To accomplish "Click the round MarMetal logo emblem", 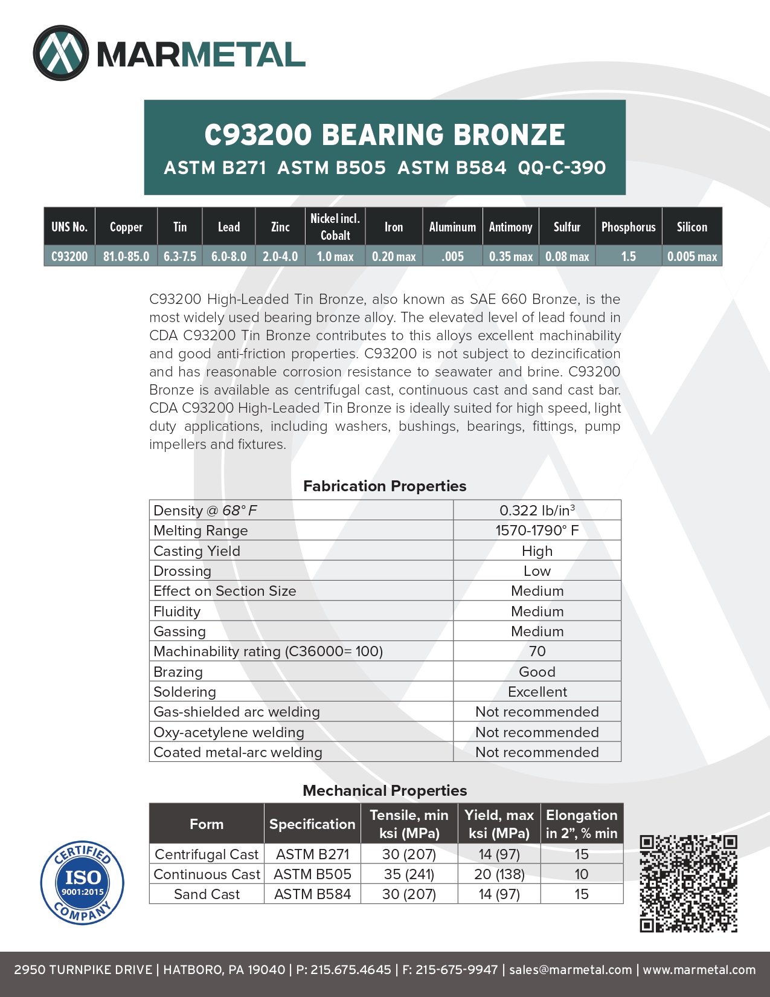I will [61, 53].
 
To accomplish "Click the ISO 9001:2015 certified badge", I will [82, 883].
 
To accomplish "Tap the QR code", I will [688, 883].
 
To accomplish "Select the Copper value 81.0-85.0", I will [126, 256].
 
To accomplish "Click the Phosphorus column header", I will [628, 227].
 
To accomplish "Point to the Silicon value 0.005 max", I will [692, 256].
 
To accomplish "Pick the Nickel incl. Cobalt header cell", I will [335, 227].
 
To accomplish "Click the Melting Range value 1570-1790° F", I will [537, 531].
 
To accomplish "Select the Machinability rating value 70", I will [537, 651].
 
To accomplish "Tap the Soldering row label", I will [185, 692].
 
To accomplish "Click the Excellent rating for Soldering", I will [537, 692].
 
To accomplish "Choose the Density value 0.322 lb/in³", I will [537, 511].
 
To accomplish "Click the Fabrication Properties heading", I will [385, 486].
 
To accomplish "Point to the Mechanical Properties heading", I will [385, 790].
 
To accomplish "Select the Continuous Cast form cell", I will [207, 874].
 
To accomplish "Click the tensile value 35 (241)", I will [409, 874].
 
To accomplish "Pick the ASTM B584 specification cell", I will [312, 894].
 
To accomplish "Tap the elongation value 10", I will [581, 874].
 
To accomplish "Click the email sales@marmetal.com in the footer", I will [570, 970].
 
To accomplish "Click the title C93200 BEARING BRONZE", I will [385, 135].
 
